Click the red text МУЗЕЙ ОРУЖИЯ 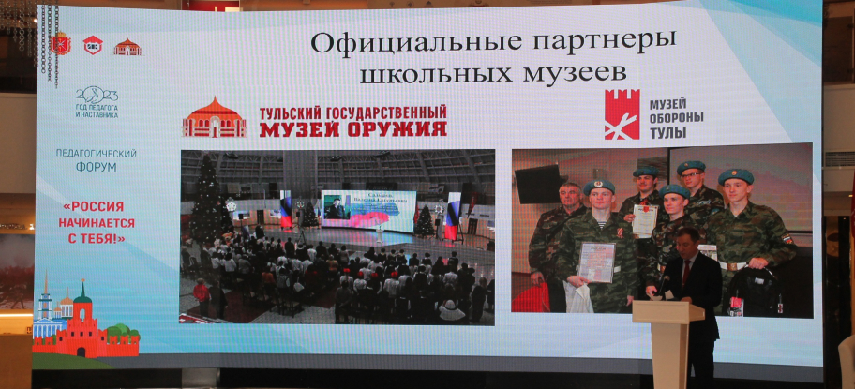tap(352, 127)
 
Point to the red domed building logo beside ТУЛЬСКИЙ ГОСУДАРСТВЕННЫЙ tap(214, 117)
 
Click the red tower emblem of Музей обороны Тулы tap(622, 114)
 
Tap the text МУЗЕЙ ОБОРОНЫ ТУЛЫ tap(676, 118)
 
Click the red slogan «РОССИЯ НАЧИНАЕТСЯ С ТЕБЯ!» tap(97, 223)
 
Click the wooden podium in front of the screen tap(667, 341)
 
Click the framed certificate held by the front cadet tap(596, 262)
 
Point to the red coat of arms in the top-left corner tap(63, 45)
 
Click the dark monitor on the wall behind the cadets tap(537, 184)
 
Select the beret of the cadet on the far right tap(736, 176)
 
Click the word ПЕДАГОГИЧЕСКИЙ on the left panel tap(97, 153)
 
